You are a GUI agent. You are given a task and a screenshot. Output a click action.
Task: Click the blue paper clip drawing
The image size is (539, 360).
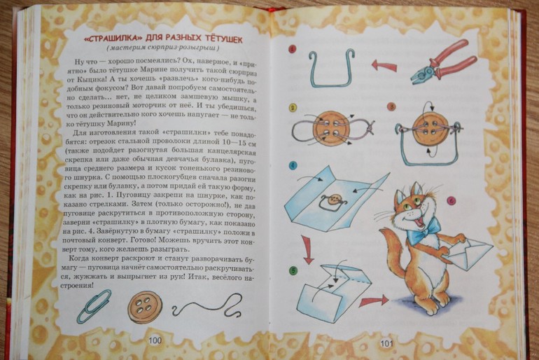(x=94, y=305)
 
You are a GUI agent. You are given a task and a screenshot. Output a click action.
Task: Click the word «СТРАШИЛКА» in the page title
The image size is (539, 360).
(x=94, y=37)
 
